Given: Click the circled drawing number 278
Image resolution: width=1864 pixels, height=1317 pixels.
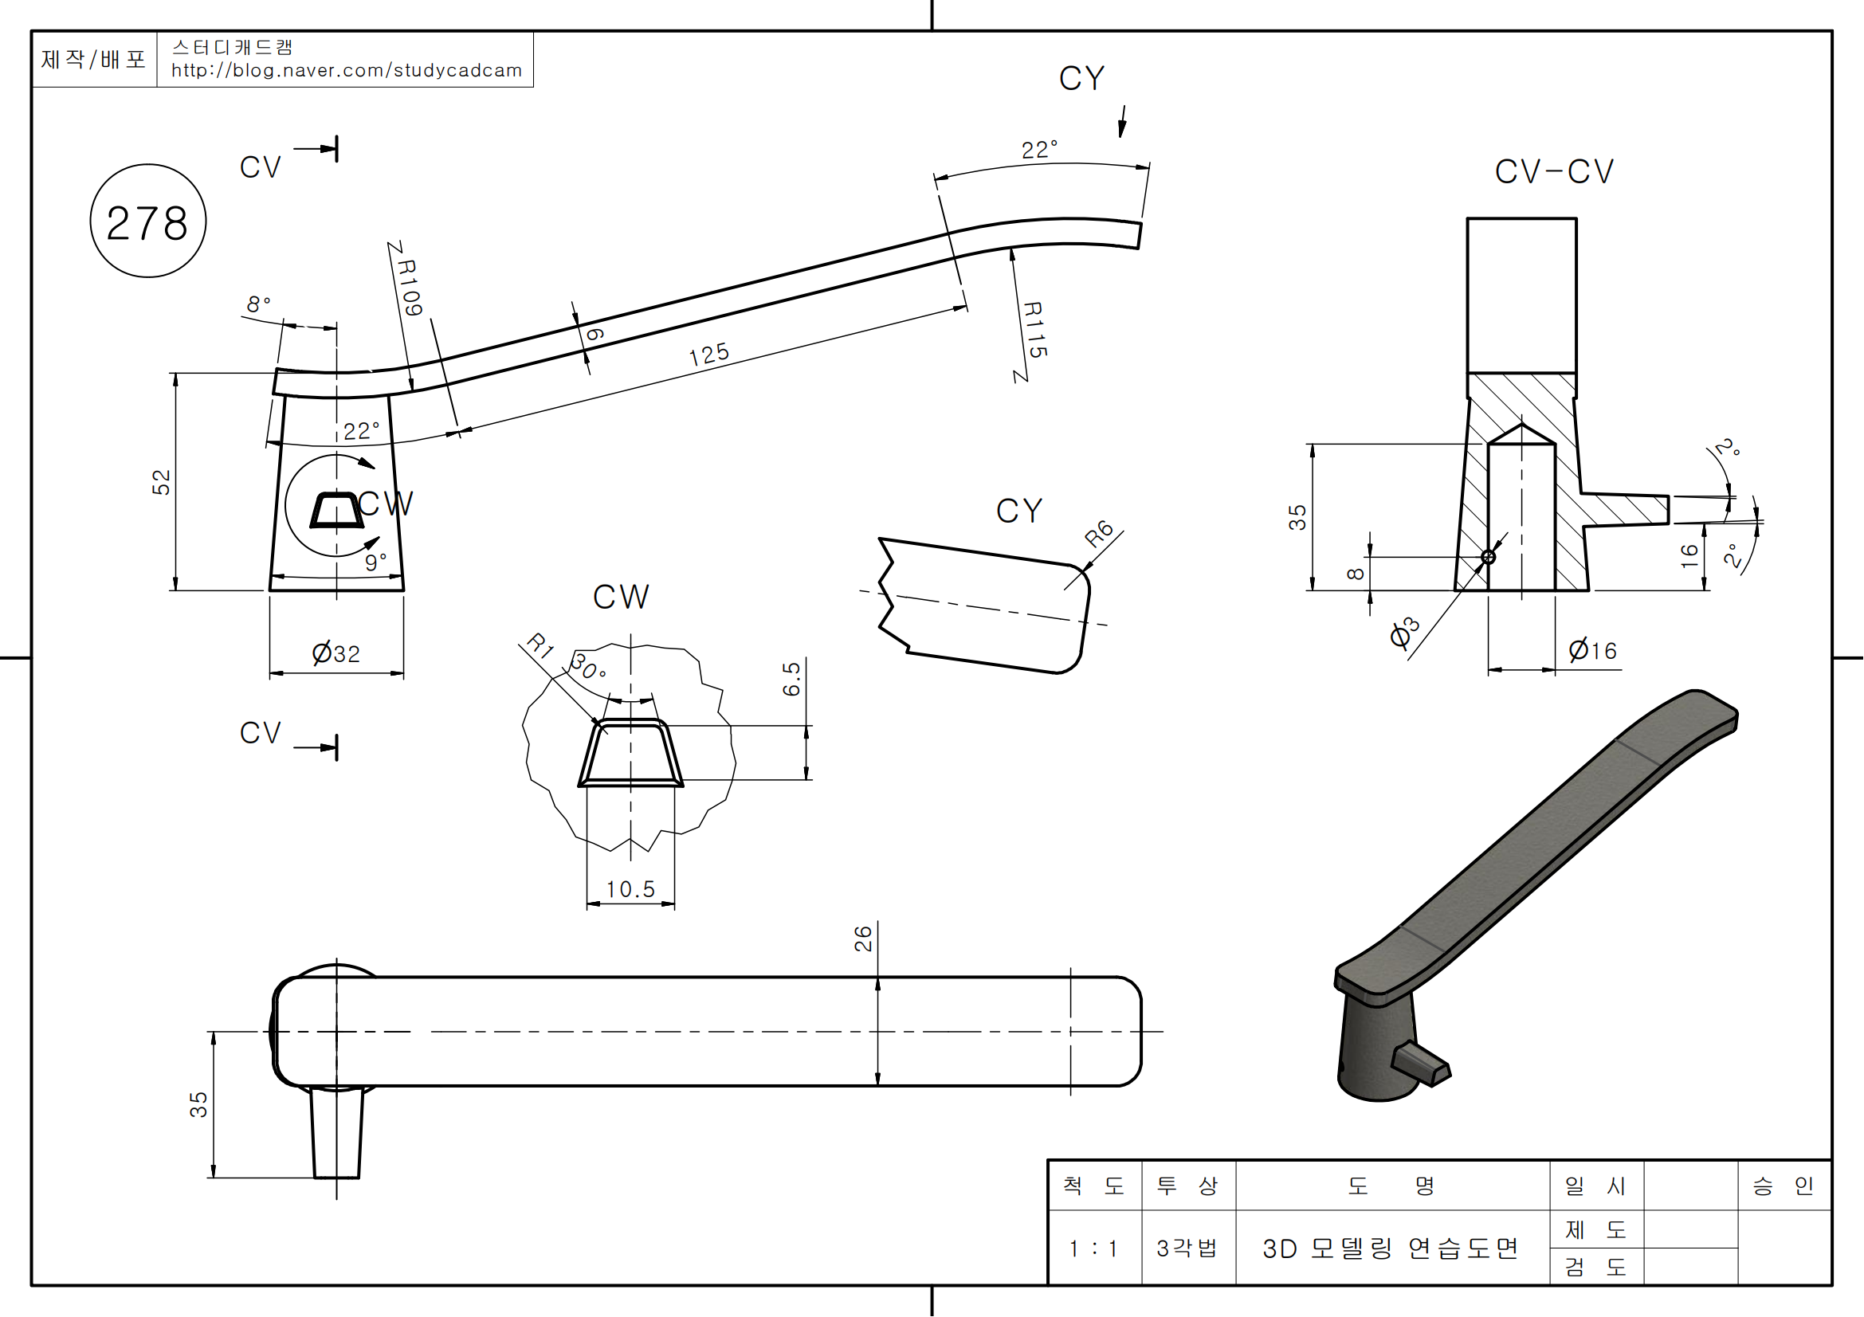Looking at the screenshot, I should tap(147, 221).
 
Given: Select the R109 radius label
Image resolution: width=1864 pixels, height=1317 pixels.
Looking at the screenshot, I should tap(409, 288).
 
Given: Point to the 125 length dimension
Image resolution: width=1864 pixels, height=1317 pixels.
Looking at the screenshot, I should tap(708, 355).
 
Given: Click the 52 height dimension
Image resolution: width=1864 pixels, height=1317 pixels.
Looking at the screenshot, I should tap(162, 482).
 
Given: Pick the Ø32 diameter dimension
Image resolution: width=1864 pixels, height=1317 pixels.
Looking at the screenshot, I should tap(336, 653).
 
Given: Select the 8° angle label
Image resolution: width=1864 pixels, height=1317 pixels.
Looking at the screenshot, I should tap(258, 304).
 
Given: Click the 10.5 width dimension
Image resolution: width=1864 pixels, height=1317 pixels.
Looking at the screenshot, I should tap(630, 889).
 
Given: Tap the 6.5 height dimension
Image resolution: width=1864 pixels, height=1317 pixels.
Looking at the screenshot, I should tap(791, 679).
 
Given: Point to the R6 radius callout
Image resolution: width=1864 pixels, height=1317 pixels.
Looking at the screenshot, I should tap(1098, 533).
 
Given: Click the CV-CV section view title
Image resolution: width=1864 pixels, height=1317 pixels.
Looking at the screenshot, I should tap(1554, 172).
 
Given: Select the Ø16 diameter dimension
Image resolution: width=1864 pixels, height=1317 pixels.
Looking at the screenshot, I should tap(1593, 651).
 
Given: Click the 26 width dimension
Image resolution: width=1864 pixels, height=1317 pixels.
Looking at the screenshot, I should tap(863, 939).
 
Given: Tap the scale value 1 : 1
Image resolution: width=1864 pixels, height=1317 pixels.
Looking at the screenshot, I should tap(1093, 1248).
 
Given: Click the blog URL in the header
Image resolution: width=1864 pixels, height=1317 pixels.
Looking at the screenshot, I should tap(347, 71).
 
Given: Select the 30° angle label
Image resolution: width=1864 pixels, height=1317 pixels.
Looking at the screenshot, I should tap(587, 667).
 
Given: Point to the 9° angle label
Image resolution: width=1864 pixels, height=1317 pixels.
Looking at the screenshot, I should tap(375, 561).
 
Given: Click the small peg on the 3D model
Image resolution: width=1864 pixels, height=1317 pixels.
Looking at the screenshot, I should tap(1421, 1064).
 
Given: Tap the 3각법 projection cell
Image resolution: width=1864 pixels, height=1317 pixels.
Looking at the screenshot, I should tap(1187, 1248).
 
